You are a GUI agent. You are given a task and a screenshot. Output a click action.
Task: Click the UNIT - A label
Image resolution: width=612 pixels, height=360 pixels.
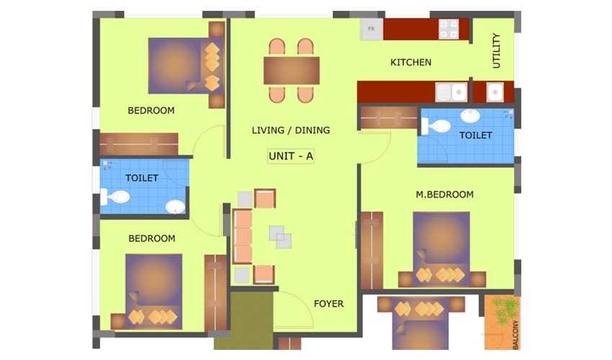(291, 156)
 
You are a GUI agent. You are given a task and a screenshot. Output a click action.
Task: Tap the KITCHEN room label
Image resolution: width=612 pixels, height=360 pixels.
(410, 63)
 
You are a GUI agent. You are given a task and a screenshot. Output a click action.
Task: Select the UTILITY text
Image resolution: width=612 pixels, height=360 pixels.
(496, 50)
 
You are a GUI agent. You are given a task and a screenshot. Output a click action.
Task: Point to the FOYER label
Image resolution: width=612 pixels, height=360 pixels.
(328, 304)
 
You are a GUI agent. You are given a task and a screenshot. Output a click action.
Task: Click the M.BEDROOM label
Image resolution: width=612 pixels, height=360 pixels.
(444, 194)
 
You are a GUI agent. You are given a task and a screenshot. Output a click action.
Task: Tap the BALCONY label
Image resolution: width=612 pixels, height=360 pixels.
(516, 335)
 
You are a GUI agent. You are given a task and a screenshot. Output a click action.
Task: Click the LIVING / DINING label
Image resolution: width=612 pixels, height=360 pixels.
(291, 130)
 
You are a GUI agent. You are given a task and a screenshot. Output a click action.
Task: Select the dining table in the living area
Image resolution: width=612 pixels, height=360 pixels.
(292, 71)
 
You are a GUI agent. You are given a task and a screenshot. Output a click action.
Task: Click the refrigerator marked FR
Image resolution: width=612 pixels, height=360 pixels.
(372, 30)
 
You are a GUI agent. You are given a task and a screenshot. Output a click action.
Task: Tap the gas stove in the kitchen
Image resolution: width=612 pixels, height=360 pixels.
(449, 30)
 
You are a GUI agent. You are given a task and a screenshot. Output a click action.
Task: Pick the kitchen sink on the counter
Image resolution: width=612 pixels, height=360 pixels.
(451, 93)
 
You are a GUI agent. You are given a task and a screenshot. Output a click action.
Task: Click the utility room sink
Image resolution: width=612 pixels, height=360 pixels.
(495, 93)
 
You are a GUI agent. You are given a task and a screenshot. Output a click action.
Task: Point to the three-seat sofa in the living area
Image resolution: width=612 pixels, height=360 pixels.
(243, 237)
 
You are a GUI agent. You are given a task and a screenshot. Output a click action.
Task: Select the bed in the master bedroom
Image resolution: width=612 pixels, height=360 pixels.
(441, 248)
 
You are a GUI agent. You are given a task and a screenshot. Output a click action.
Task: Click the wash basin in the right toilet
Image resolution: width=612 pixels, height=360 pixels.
(470, 117)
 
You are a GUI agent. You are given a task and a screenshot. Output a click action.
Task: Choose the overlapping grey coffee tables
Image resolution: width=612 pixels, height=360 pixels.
(280, 237)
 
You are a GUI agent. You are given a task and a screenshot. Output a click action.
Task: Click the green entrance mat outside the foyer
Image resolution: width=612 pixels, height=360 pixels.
(243, 320)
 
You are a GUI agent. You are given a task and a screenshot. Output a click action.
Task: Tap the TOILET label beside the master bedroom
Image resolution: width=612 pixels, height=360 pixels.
(475, 135)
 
